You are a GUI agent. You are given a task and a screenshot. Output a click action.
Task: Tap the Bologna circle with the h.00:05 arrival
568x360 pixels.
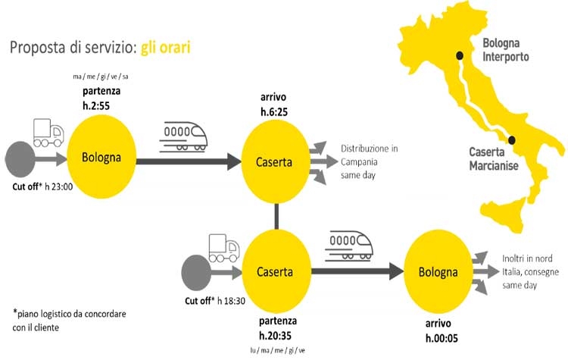438,272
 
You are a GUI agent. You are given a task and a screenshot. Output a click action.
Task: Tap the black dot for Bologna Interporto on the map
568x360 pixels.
458,55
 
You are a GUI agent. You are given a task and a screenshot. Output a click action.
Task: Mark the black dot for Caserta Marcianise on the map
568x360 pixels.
513,139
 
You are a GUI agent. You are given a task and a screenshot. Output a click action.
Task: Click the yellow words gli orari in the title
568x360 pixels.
165,48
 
